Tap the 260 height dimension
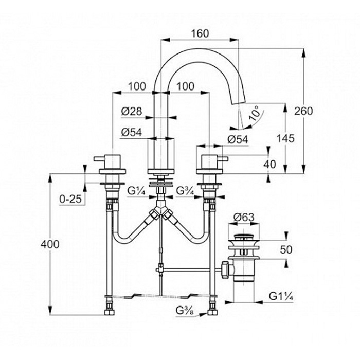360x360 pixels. [x=304, y=110]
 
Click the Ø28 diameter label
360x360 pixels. [x=132, y=111]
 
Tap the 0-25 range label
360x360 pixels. [x=70, y=199]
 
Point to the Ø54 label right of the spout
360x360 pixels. [x=238, y=139]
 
